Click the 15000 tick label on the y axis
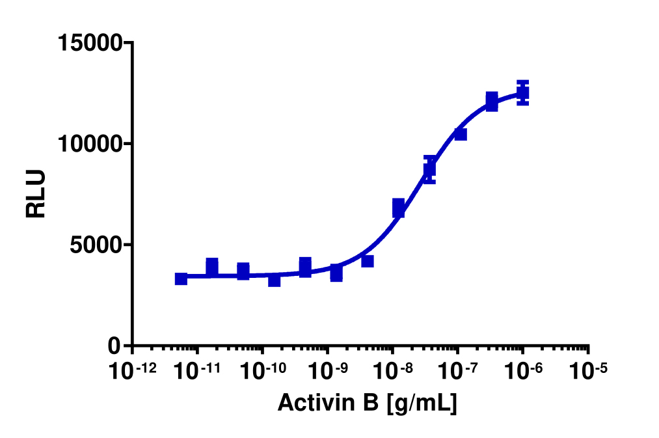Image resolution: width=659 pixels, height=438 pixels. click(90, 44)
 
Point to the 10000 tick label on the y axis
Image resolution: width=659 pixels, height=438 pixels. click(90, 144)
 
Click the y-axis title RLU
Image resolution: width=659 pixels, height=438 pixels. click(36, 194)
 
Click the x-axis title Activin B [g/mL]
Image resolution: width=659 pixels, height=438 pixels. click(367, 403)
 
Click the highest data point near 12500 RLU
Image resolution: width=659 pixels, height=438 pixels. click(522, 93)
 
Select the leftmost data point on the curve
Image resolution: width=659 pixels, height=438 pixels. click(181, 279)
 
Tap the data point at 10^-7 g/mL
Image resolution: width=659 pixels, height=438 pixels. click(461, 134)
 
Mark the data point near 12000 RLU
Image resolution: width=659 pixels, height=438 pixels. click(492, 102)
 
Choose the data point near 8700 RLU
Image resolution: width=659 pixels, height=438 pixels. click(429, 170)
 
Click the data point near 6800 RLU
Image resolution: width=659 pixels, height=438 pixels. click(399, 208)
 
